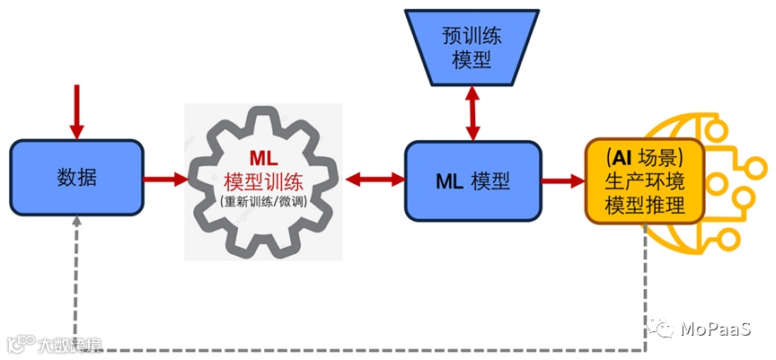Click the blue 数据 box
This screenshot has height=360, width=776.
76,178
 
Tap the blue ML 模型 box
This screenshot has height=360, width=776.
472,180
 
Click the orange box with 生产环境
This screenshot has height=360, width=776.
644,180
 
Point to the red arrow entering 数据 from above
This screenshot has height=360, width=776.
76,111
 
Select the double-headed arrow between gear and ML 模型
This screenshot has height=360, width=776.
373,180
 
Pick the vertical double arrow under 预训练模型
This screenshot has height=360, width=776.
469,113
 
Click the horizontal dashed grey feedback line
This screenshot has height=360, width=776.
359,349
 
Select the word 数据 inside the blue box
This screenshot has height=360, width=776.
76,178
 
